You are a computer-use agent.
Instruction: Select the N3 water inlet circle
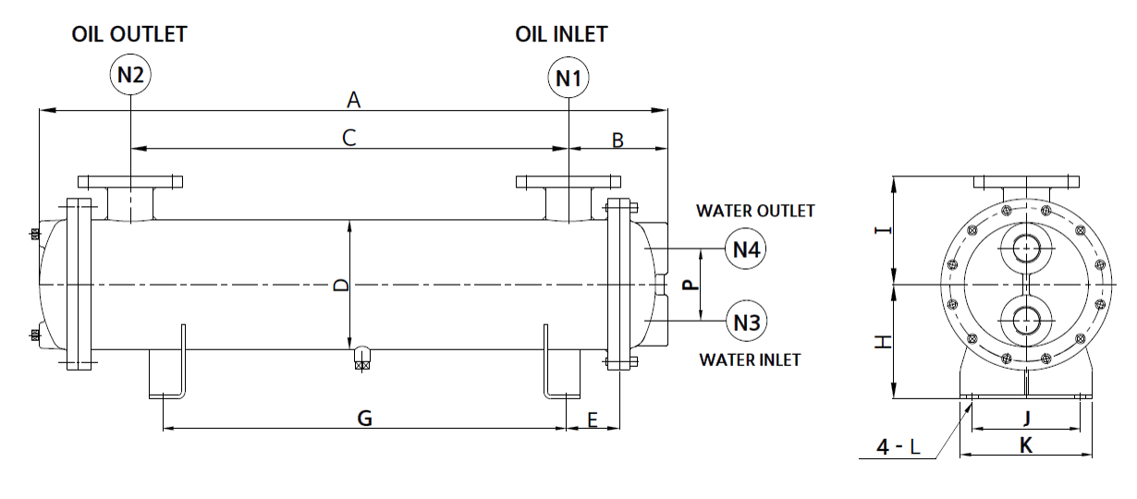coord(746,322)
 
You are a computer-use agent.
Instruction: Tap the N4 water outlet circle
coord(746,249)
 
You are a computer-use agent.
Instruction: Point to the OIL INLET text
coord(561,34)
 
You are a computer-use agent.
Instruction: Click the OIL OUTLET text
coord(129,34)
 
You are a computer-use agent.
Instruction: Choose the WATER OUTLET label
coord(755,211)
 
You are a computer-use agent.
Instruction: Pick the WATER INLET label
coord(750,359)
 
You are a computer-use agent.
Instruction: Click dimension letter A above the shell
coord(352,98)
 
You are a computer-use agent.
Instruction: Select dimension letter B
coord(618,140)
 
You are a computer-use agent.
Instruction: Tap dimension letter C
coord(348,138)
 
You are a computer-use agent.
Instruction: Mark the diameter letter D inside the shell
coord(340,286)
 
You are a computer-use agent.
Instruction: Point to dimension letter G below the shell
coord(365,419)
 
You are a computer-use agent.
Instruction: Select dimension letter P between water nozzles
coord(689,285)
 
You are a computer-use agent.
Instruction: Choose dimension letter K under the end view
coord(1025,445)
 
